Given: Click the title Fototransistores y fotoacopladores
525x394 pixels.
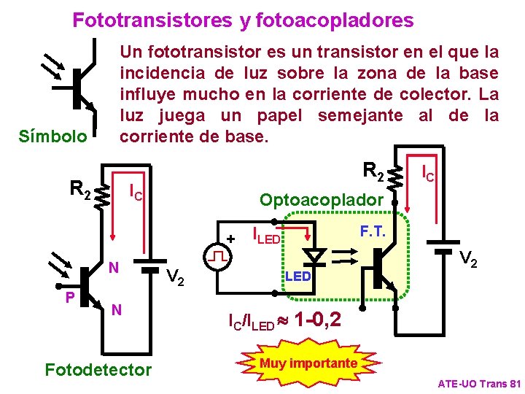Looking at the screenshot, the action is click(243, 20).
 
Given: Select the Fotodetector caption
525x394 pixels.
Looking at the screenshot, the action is click(98, 369).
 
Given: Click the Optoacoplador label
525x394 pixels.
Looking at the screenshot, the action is click(322, 199).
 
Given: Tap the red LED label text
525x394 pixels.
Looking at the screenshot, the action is click(297, 277).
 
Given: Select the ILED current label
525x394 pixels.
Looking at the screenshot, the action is click(265, 235).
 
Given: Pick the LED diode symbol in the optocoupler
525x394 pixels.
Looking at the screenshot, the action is click(315, 257).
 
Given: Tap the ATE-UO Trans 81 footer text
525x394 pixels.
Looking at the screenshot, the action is click(479, 383).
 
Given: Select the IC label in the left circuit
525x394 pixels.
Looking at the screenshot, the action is click(135, 193).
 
